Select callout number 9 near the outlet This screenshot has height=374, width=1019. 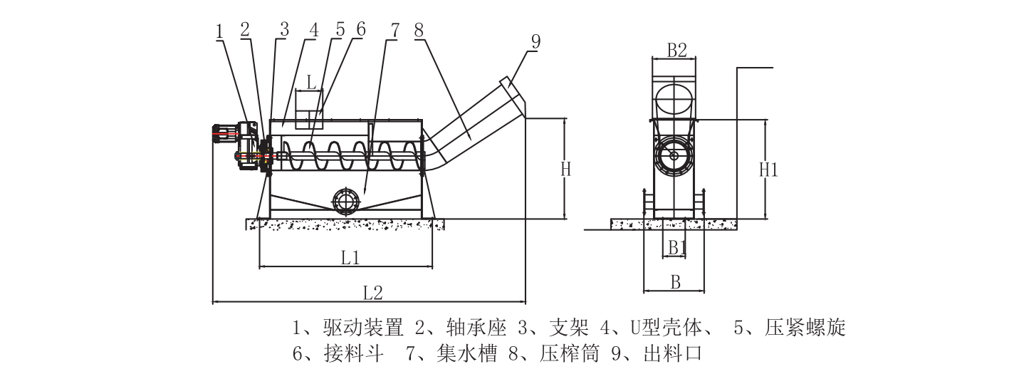tap(534, 41)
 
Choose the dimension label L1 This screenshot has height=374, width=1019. tap(350, 258)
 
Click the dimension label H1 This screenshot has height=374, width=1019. tap(768, 170)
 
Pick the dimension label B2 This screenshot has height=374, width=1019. tap(676, 50)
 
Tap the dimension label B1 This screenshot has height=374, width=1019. tap(676, 247)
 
